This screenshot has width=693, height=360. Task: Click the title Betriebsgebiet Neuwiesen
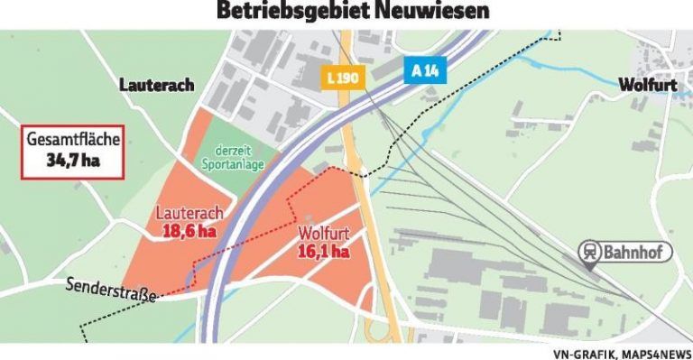[x=346, y=11]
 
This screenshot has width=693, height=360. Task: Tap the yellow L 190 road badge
[x=343, y=77]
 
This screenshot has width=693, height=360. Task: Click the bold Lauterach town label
[x=157, y=85]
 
